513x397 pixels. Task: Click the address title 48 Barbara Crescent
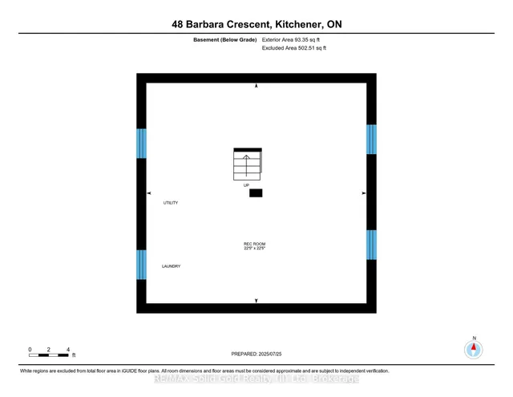256,25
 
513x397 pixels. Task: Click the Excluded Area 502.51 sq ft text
294,48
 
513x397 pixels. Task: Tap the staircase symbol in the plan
248,164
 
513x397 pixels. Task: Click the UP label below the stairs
247,184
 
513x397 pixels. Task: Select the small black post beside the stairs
256,192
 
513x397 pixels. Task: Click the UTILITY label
170,203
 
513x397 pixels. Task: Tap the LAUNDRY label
171,266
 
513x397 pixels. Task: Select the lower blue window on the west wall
141,264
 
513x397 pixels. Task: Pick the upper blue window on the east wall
371,139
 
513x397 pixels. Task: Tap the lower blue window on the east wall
371,245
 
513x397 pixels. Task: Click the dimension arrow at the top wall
256,85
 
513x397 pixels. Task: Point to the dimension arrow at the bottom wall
256,300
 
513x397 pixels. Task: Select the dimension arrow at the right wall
364,193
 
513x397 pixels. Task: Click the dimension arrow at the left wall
148,193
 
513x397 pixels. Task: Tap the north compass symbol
474,349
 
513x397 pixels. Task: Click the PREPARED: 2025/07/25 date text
256,353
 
